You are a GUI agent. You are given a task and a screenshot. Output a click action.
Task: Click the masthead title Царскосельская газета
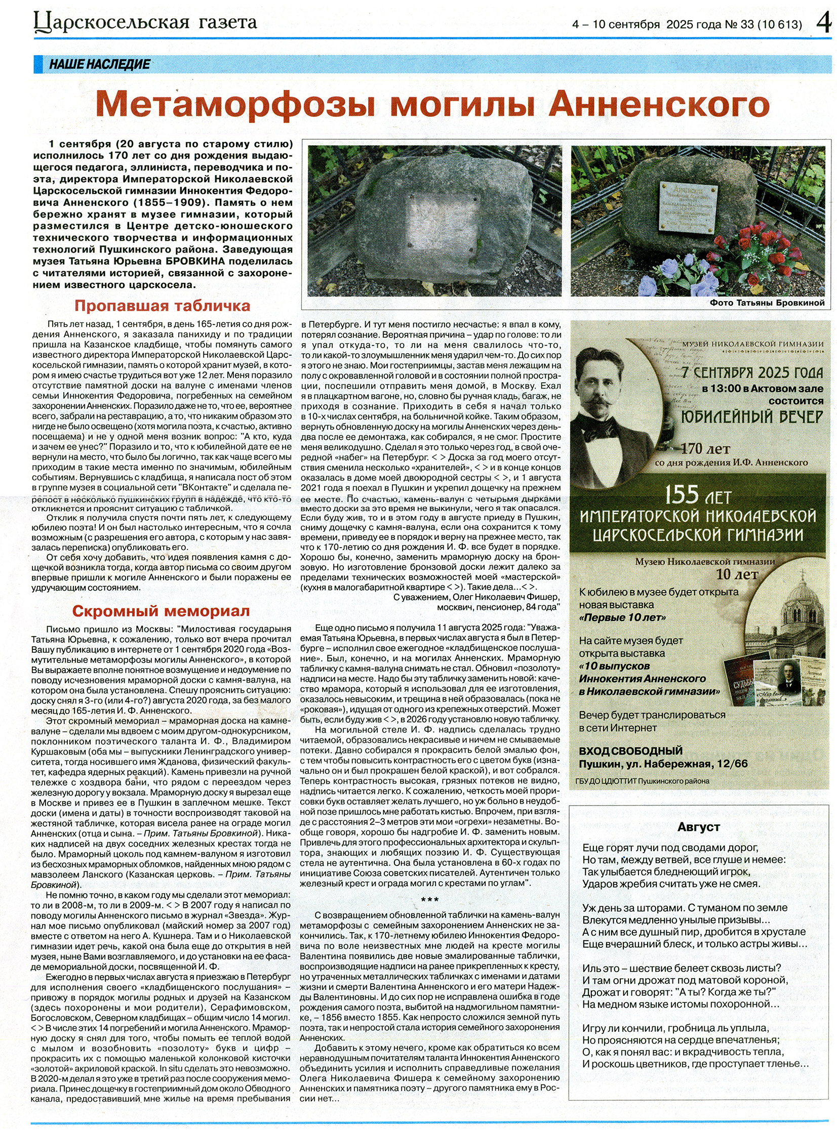(x=145, y=23)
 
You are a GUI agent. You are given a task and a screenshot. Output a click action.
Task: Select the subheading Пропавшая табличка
(x=162, y=306)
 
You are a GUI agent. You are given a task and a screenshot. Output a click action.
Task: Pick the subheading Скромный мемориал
(x=161, y=611)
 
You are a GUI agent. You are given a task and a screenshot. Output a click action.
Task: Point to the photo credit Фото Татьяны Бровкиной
(x=767, y=303)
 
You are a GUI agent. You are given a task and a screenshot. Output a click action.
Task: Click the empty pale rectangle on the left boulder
(x=439, y=221)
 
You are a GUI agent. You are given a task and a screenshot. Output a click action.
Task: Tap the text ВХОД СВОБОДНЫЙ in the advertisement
(x=631, y=750)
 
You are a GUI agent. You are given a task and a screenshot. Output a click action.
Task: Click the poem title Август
(x=699, y=827)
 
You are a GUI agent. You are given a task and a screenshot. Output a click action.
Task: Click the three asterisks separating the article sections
(x=430, y=900)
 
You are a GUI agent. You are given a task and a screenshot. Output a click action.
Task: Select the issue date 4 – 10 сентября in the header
(x=616, y=24)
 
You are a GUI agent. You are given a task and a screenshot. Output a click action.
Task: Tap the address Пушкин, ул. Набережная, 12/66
(x=663, y=764)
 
